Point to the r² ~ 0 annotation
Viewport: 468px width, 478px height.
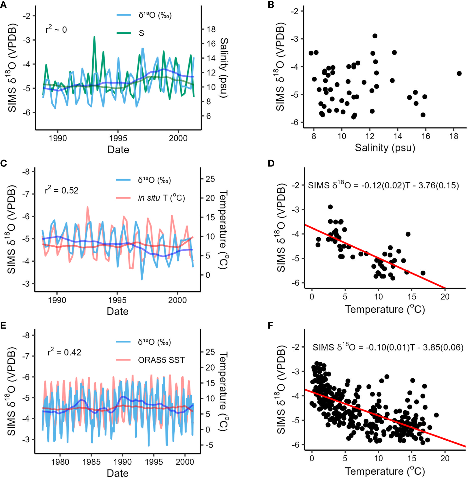click(56, 30)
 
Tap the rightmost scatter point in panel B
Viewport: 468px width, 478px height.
click(459, 73)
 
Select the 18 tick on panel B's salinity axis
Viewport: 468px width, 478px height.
click(454, 136)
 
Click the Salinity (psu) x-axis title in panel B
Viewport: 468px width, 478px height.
click(385, 148)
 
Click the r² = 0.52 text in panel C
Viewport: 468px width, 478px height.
click(62, 190)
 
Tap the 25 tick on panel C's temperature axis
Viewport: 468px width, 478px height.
click(210, 179)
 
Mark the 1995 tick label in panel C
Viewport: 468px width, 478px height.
click(117, 300)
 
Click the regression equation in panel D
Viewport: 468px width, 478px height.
click(383, 185)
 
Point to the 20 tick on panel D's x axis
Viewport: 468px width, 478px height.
click(445, 297)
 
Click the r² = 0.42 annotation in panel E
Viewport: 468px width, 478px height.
click(64, 352)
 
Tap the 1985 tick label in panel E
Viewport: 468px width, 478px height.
click(91, 462)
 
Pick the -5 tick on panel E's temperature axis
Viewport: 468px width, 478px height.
click(209, 445)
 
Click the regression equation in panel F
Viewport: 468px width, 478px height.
click(388, 347)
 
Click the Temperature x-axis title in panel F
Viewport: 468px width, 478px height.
click(385, 471)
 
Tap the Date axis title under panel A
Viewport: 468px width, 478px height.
click(118, 150)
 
